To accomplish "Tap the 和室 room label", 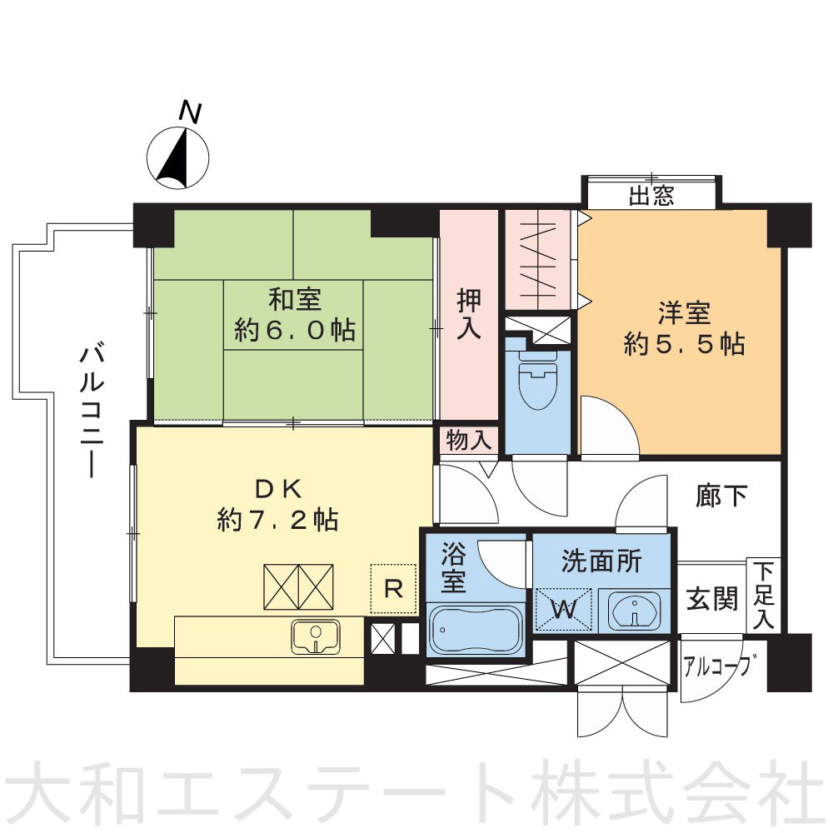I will tap(294, 298).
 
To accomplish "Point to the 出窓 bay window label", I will tap(651, 197).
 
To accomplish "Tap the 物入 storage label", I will tap(468, 439).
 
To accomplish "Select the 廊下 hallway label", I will tap(721, 496).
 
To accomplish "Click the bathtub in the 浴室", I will tap(476, 631).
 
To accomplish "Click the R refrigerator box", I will tap(393, 589).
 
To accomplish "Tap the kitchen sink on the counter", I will tap(316, 636).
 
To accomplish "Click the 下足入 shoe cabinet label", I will tap(764, 595).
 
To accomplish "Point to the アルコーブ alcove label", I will tap(721, 666).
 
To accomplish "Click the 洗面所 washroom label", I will tap(601, 561).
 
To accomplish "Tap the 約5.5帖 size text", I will tap(684, 345).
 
